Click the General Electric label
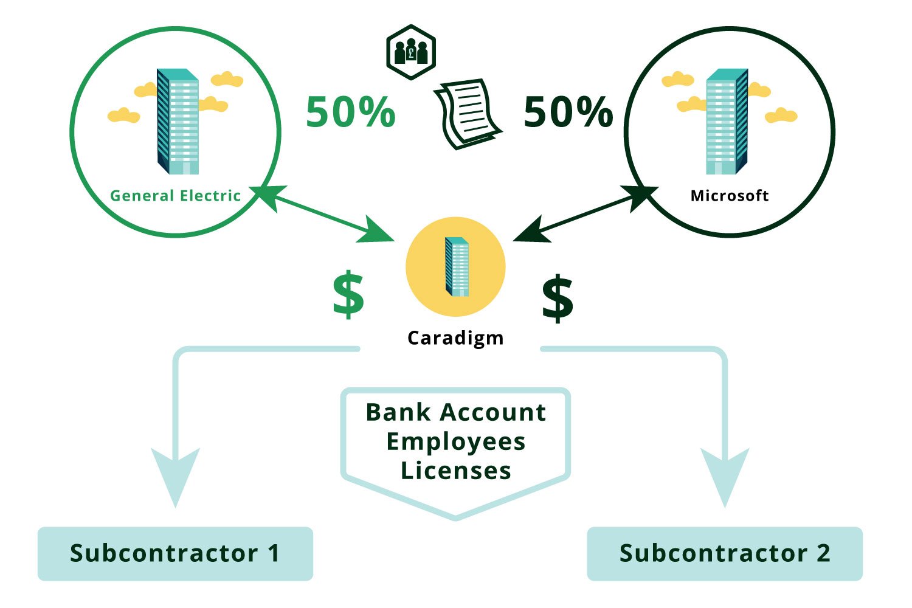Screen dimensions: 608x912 point(175,196)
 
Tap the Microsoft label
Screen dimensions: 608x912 point(729,196)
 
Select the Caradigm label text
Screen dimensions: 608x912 point(455,338)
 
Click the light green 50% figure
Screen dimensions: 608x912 point(350,112)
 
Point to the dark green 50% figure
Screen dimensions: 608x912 point(568,112)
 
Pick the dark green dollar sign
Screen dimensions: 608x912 point(557,298)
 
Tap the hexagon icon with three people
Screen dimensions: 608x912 point(411,52)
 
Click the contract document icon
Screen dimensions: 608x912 point(466,114)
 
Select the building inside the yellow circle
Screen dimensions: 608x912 point(457,267)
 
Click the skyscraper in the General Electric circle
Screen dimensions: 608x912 point(178,122)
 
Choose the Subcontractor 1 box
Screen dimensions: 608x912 point(175,553)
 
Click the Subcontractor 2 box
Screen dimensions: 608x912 point(724,553)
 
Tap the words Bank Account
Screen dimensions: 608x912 point(455,412)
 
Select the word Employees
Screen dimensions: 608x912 point(455,441)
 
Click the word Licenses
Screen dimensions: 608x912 point(455,471)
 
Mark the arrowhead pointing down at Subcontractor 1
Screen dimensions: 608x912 point(175,474)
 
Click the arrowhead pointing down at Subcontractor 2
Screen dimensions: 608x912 point(725,474)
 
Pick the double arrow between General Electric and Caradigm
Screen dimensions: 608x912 point(322,214)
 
